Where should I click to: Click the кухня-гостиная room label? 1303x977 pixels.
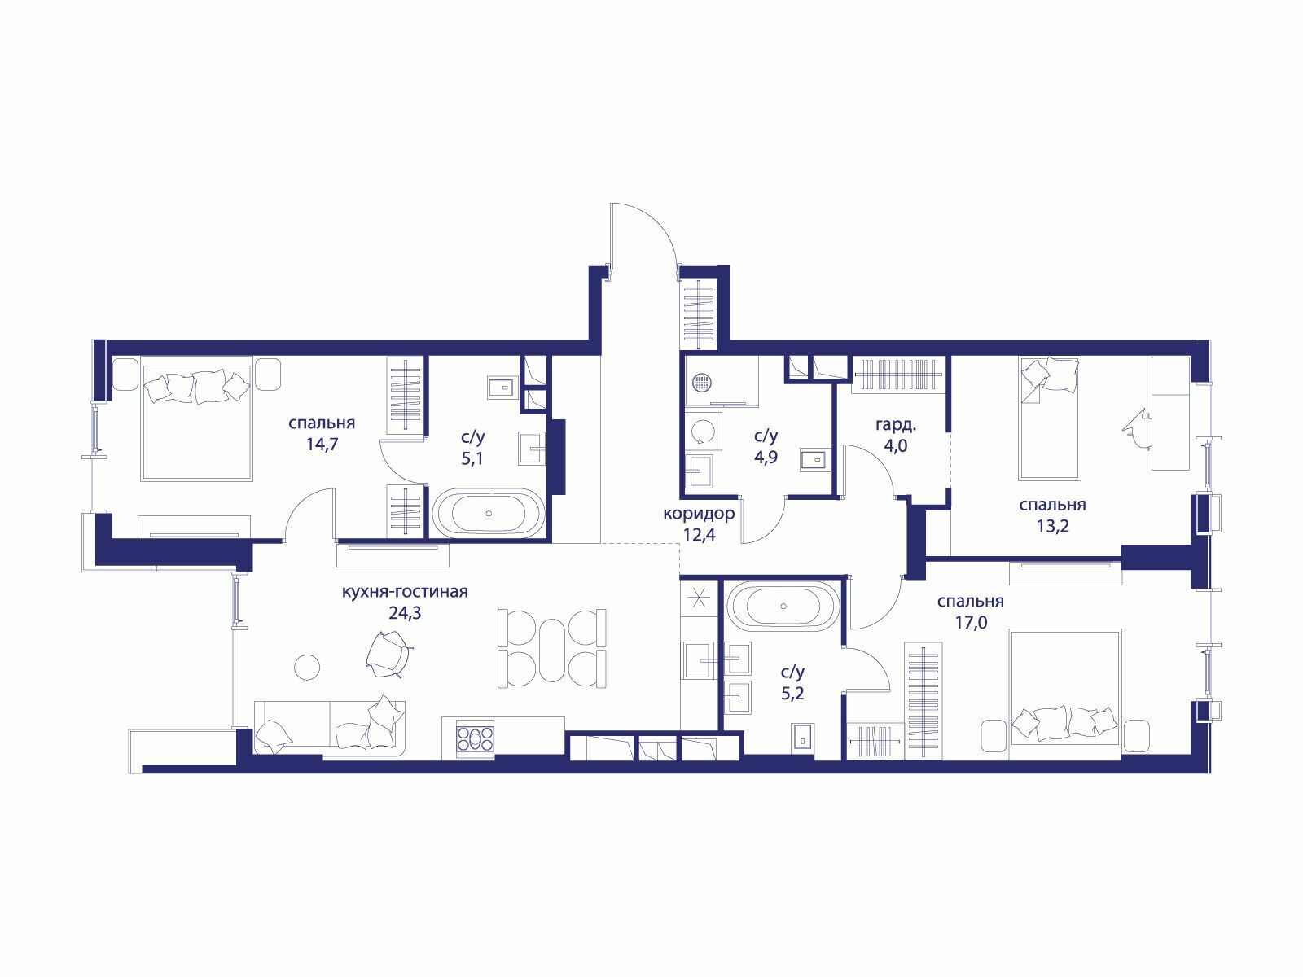(405, 592)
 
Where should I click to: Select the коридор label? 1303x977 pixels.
(699, 514)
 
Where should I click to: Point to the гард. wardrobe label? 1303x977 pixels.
(896, 424)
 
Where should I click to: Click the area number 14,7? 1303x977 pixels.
(322, 445)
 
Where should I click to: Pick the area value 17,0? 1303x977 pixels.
(972, 622)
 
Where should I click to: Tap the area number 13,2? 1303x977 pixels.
(1052, 526)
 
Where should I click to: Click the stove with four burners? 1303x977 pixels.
(475, 739)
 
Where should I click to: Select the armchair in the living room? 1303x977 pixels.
(388, 655)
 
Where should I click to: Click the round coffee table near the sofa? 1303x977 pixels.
(307, 668)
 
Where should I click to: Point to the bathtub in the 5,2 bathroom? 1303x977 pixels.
(783, 607)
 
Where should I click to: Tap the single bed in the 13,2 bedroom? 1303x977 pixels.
(1049, 418)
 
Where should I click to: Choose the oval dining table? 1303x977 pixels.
(552, 650)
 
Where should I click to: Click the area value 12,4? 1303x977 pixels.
(699, 535)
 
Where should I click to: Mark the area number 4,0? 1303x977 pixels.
(895, 445)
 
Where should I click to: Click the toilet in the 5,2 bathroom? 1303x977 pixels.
(803, 740)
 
